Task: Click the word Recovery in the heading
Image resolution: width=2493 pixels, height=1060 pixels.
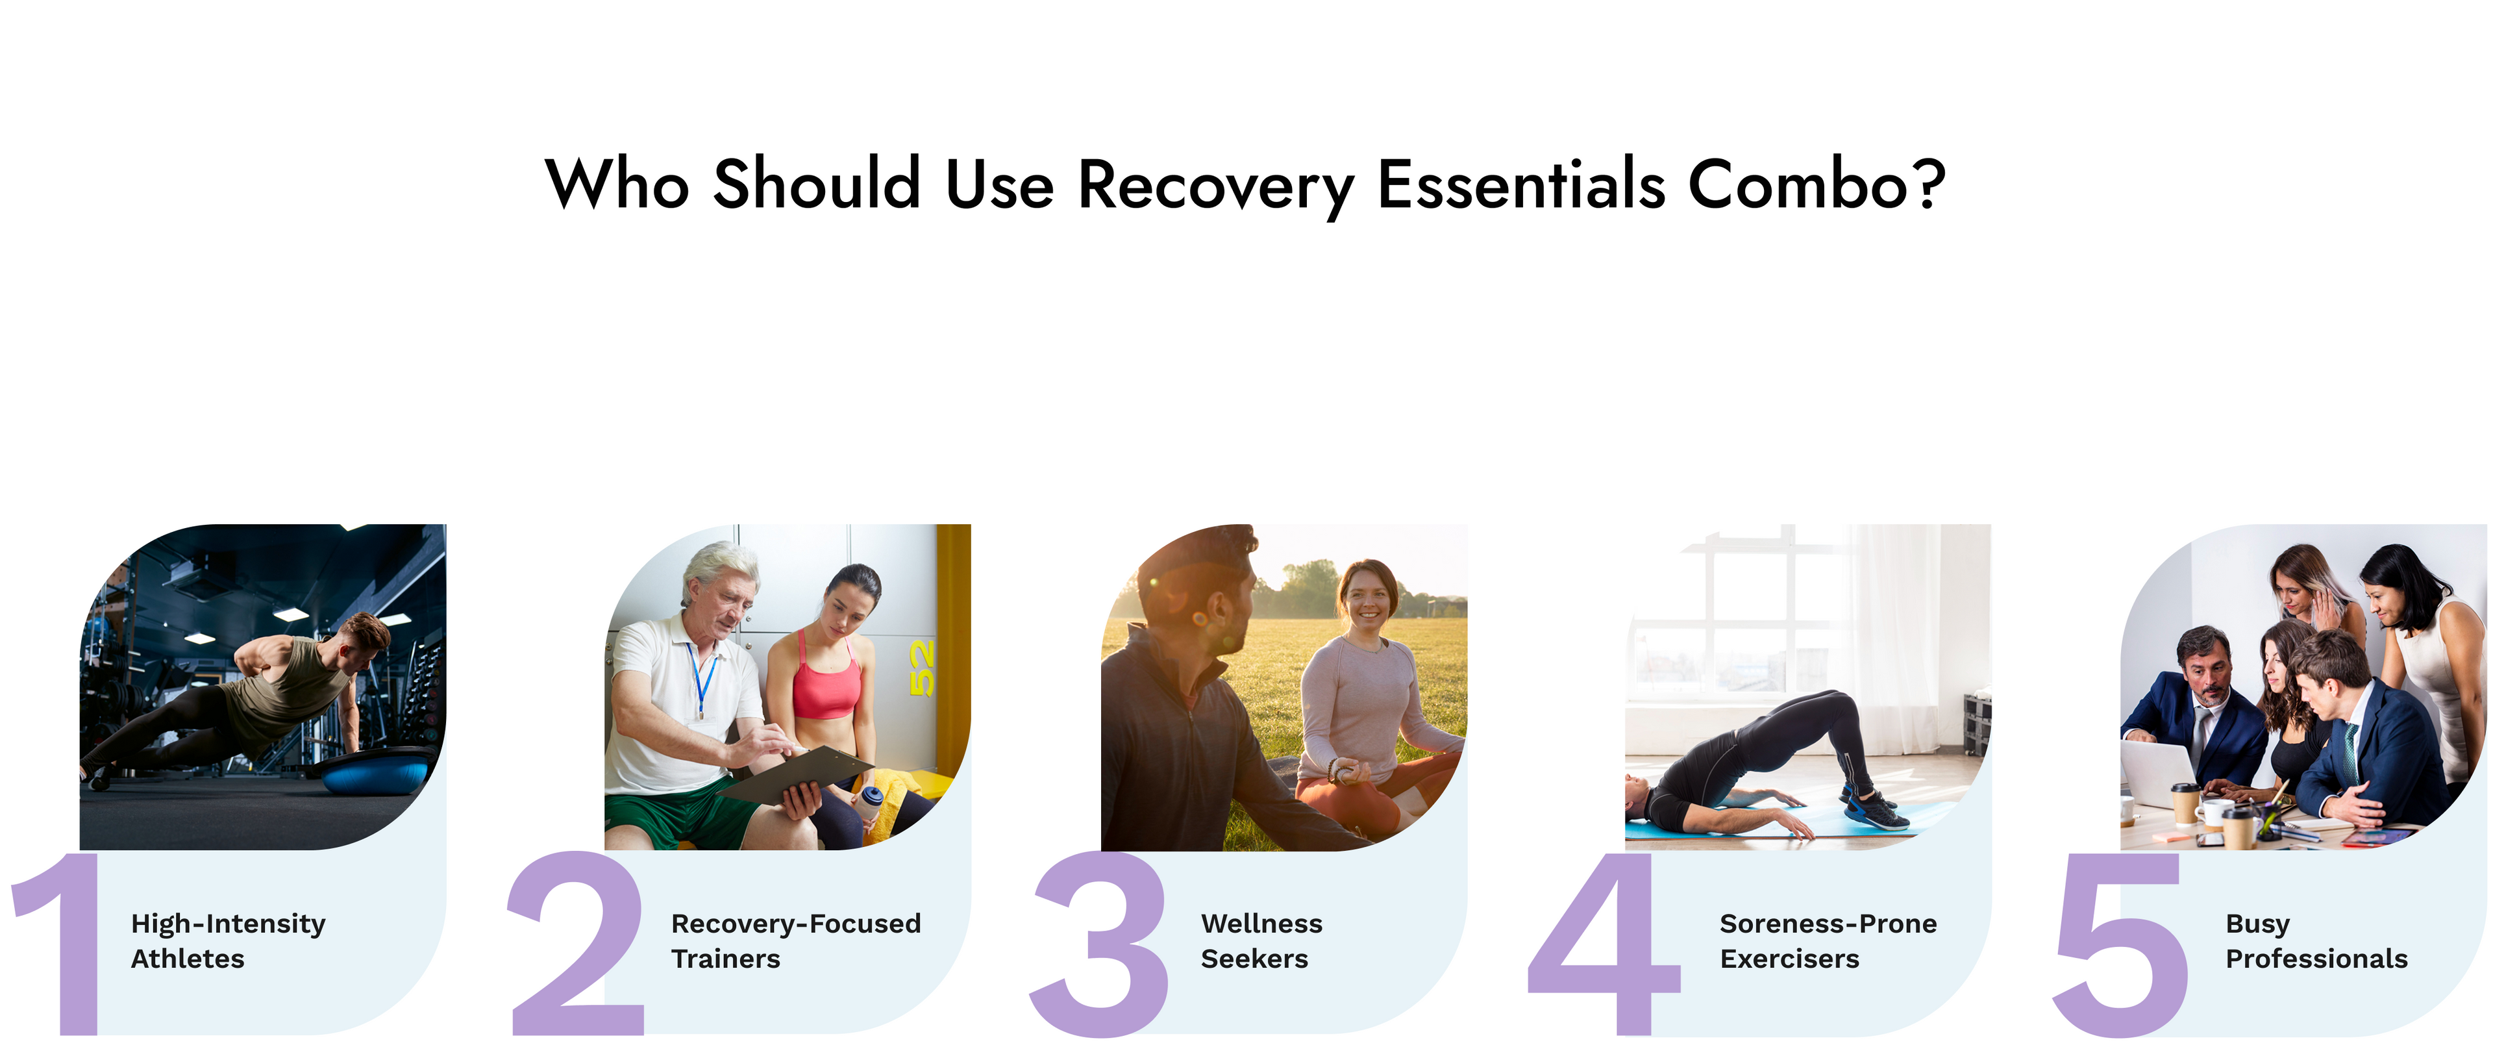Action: click(x=1215, y=184)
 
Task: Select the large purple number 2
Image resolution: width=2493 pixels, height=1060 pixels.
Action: click(x=576, y=943)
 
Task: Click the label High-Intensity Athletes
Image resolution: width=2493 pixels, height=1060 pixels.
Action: click(x=229, y=941)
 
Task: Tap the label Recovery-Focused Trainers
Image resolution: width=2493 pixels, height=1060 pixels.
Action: click(x=795, y=941)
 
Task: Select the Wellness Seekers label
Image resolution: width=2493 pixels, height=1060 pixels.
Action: click(x=1261, y=941)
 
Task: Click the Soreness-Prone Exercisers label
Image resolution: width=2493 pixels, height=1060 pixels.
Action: click(x=1828, y=941)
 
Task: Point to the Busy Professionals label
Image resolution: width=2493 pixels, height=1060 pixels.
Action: click(x=2316, y=941)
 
